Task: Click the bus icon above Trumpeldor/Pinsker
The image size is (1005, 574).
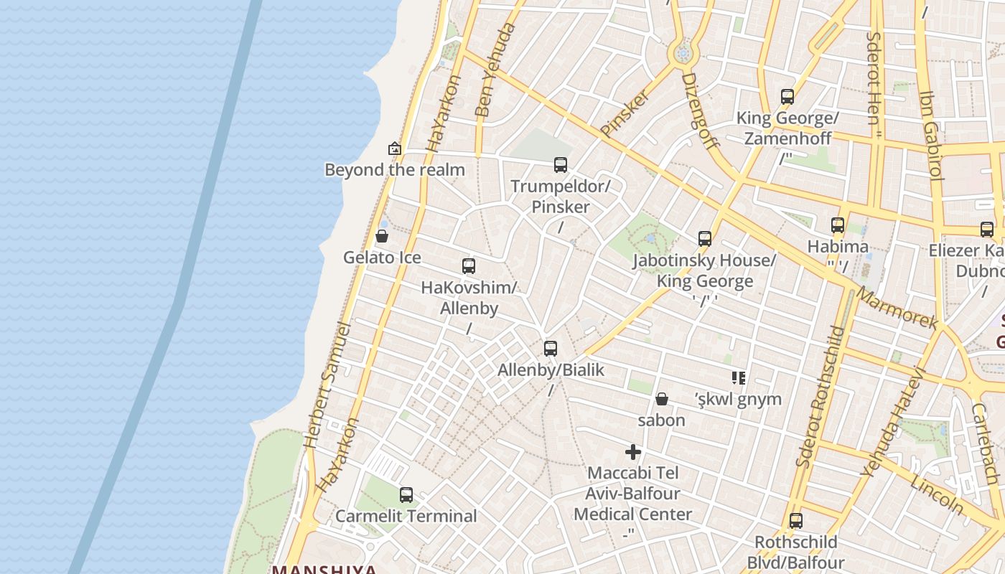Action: (561, 165)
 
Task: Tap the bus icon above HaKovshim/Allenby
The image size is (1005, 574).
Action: (469, 266)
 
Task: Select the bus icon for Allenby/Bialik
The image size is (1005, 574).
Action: (551, 349)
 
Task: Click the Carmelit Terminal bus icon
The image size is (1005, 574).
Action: (406, 494)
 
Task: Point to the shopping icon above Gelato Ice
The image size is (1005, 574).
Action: (382, 236)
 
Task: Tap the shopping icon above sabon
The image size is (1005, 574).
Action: (662, 399)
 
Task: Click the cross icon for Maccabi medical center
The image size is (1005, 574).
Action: (633, 452)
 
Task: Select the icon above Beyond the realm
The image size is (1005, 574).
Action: (395, 149)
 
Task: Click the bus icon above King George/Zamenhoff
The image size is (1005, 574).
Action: (787, 97)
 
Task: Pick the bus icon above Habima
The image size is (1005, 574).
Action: (838, 225)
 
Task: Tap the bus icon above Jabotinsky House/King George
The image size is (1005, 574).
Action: (705, 239)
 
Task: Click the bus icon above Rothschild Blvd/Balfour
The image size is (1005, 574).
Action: (795, 521)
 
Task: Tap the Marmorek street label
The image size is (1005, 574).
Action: (897, 309)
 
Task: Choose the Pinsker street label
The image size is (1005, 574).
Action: (625, 113)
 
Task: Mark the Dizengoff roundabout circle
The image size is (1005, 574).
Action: (683, 53)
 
